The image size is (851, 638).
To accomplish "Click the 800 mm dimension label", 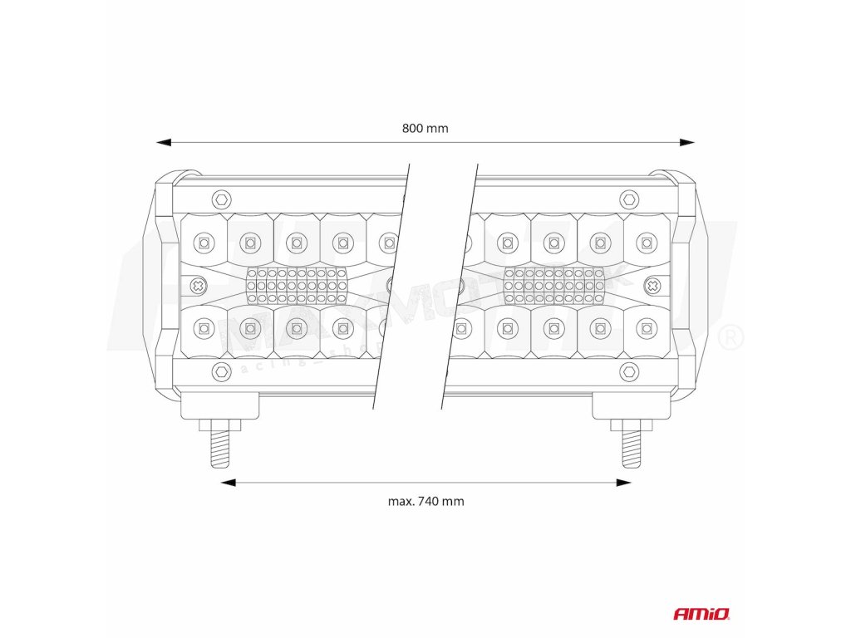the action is coord(425,128).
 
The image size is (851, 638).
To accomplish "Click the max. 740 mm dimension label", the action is coord(425,501).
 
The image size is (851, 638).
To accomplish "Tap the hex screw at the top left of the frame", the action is coord(220,199).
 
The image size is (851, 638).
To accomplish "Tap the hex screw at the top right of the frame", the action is coord(630,199).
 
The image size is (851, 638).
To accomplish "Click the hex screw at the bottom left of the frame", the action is coord(220,371).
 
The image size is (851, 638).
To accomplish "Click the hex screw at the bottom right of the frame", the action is coord(630,371).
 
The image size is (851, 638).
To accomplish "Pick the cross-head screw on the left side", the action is coord(199,286).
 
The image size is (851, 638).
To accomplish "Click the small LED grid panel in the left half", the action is coord(297,286).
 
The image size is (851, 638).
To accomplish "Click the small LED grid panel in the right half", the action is coord(553,286).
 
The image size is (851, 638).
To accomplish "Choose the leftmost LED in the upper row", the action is coord(201,243).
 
